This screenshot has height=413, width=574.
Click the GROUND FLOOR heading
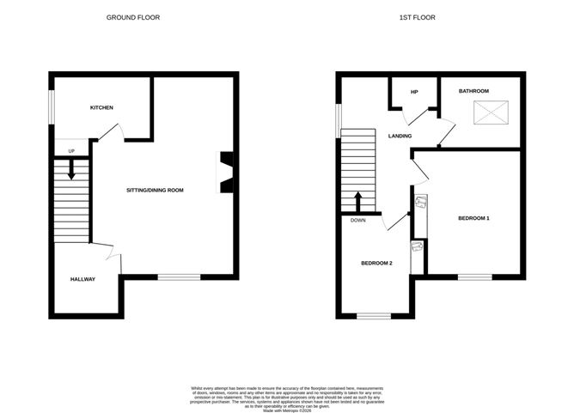tap(133, 17)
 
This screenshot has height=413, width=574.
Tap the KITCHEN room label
tap(102, 107)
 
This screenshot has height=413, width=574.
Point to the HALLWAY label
tap(82, 279)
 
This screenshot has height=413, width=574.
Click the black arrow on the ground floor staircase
tap(71, 171)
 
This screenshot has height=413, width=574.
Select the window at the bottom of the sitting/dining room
tap(179, 276)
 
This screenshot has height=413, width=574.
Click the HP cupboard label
tap(413, 92)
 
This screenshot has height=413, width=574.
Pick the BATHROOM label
tap(473, 91)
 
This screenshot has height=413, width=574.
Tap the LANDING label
tap(400, 136)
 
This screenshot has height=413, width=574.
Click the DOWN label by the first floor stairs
tap(357, 220)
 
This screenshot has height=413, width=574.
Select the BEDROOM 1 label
tap(473, 218)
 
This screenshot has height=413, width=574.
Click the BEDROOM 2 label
tap(376, 263)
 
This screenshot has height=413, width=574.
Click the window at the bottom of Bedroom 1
tap(474, 276)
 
